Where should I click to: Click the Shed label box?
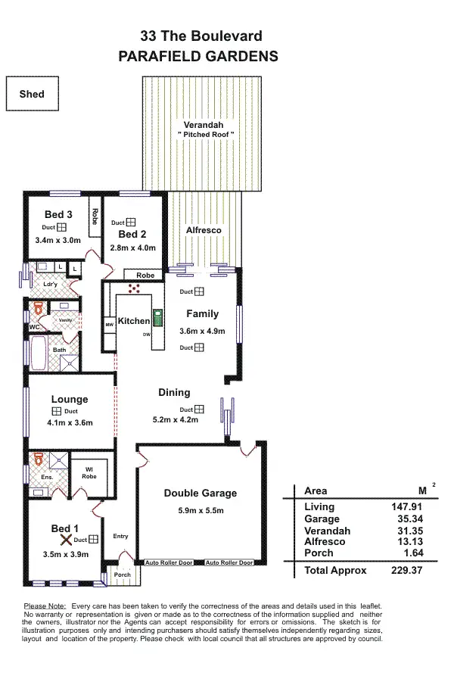pyautogui.click(x=32, y=95)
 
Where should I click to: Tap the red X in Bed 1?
pyautogui.click(x=67, y=540)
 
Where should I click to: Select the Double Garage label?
pyautogui.click(x=201, y=494)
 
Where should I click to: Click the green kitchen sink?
pyautogui.click(x=157, y=317)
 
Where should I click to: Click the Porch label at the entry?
pyautogui.click(x=122, y=575)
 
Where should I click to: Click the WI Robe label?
pyautogui.click(x=89, y=473)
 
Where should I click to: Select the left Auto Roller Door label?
pyautogui.click(x=168, y=562)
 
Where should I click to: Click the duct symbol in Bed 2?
pyautogui.click(x=130, y=223)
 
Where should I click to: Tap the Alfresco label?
pyautogui.click(x=202, y=229)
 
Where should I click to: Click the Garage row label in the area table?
pyautogui.click(x=322, y=519)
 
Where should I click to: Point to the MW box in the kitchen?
pyautogui.click(x=109, y=325)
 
